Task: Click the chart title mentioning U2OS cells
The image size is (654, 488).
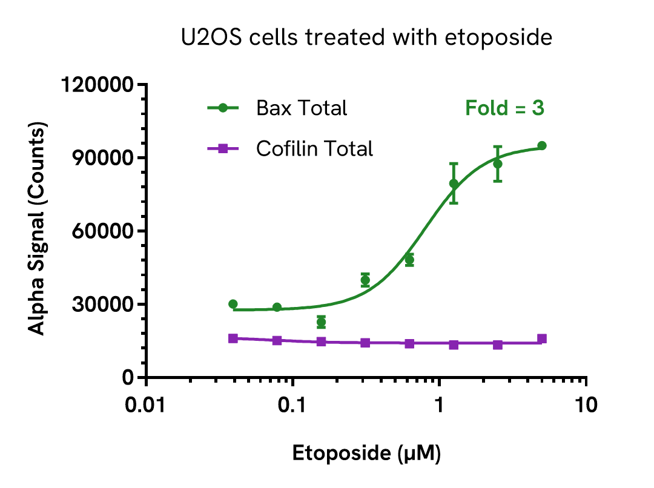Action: pos(366,38)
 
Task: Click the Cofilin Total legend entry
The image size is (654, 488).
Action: pos(314,148)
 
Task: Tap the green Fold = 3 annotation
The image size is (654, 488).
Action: pos(504,108)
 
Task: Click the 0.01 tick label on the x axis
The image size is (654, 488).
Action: pos(147,405)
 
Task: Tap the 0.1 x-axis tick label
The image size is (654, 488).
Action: pos(292,405)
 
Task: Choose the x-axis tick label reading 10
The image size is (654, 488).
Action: pos(585,405)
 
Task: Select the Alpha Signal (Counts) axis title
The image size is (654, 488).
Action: pos(38,230)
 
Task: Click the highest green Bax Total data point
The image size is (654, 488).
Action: pos(542,146)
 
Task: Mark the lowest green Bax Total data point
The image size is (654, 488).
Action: pos(321,322)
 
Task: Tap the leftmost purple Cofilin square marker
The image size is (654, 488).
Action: pos(233,338)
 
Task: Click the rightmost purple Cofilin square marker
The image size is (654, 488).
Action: pos(542,338)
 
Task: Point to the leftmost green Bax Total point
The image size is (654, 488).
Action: pos(233,304)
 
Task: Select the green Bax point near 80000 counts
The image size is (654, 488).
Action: pos(454,183)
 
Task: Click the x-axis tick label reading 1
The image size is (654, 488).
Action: pos(439,405)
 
